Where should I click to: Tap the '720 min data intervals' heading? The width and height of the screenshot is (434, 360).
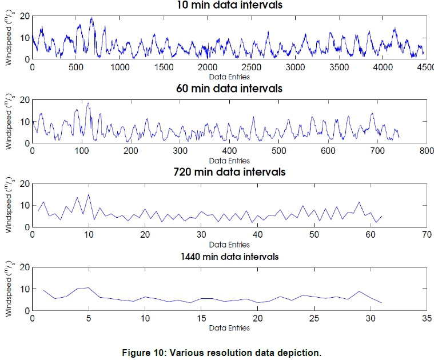pos(229,173)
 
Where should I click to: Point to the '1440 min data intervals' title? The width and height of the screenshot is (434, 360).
pos(229,257)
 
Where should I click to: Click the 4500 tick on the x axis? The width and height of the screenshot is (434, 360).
pos(424,67)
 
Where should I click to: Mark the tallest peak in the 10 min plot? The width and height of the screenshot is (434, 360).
pos(91,18)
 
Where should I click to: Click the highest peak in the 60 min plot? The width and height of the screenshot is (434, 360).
pos(88,103)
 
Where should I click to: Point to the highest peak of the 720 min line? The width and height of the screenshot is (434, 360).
pos(88,195)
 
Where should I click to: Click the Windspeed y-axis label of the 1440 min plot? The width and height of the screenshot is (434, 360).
pos(8,289)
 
